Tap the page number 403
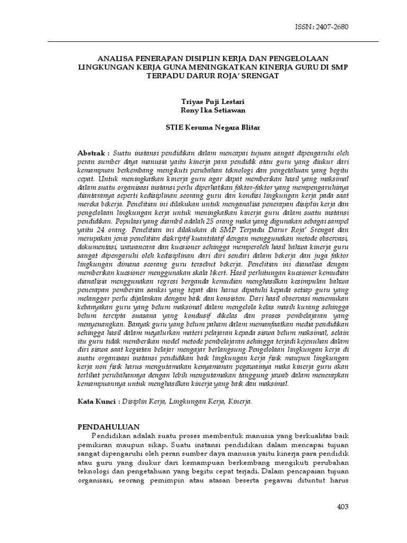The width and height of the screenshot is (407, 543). point(343,507)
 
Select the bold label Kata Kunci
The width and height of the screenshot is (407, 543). point(98,401)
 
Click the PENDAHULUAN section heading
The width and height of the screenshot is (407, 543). point(109,426)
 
